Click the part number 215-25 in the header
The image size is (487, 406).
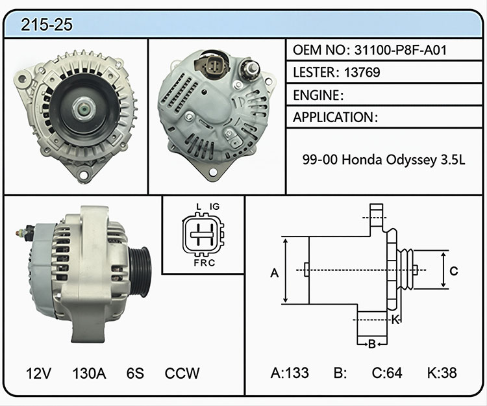[47, 25]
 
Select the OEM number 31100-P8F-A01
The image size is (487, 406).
[401, 50]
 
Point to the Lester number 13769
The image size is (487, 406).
[362, 72]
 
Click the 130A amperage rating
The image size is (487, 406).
[89, 373]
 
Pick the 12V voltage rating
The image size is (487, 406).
[38, 373]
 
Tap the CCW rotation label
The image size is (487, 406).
[182, 373]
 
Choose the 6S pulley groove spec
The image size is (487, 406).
[135, 373]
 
